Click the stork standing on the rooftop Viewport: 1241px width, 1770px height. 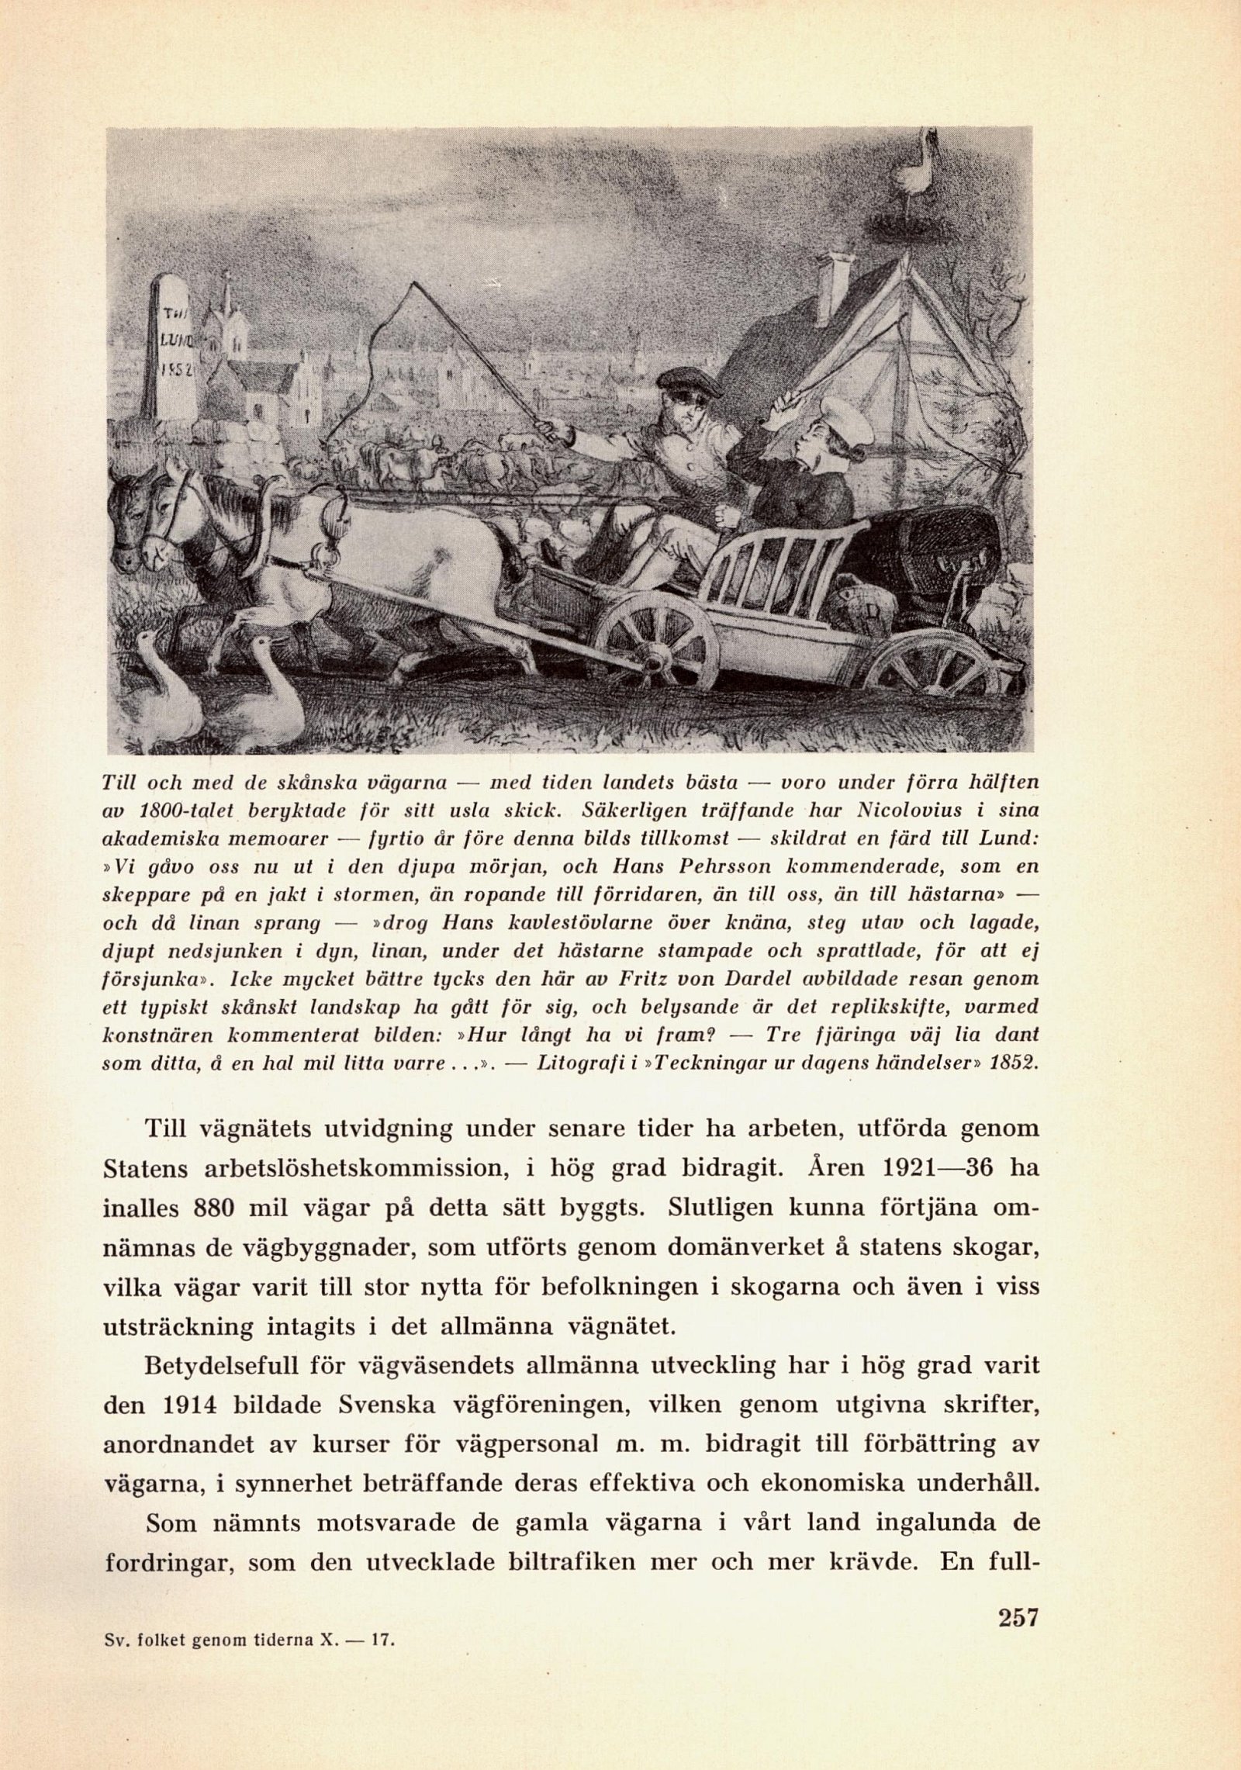click(x=916, y=168)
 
